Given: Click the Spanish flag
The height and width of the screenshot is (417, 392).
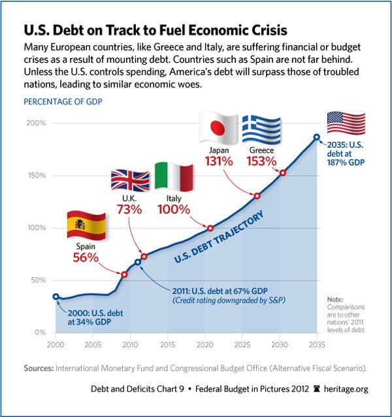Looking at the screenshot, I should coord(86,226).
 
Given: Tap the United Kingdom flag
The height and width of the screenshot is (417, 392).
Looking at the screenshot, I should coord(130,183).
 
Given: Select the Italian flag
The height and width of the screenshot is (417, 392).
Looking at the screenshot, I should coord(174,176).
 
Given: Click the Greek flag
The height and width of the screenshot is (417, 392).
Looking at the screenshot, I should coord(261,130).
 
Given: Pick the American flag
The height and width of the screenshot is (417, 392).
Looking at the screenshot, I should coord(346,123).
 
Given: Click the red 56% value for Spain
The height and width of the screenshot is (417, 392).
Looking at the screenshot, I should coord(86,258).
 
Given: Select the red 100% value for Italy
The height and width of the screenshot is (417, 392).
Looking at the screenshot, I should coord(174,210).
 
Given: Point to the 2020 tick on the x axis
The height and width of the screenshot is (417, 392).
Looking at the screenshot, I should coord(206,344).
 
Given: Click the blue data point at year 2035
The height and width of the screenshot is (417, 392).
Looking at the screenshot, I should coord(317,137).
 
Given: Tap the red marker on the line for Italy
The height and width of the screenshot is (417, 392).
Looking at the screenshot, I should coord(210,228).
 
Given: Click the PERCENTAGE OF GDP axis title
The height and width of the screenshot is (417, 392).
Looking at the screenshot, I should coord(62,102).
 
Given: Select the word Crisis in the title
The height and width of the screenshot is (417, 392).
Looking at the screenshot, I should coord(265,31).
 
